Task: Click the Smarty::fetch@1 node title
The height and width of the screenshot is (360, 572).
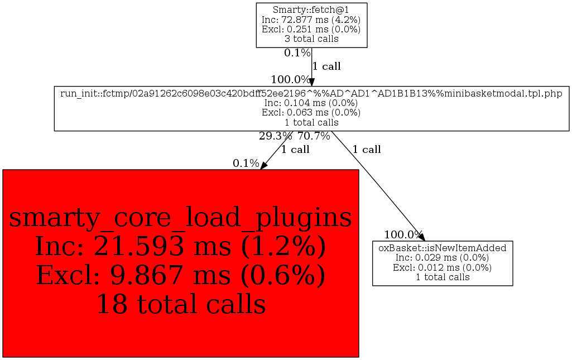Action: pyautogui.click(x=311, y=9)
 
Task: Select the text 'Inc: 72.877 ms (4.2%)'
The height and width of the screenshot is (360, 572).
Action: pyautogui.click(x=311, y=20)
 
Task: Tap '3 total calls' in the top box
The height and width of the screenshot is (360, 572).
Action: pyautogui.click(x=311, y=39)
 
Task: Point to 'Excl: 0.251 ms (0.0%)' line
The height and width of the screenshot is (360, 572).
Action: pyautogui.click(x=311, y=30)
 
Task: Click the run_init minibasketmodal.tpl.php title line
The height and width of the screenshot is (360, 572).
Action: pyautogui.click(x=311, y=93)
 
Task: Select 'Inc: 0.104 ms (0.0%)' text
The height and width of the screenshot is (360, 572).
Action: pyautogui.click(x=311, y=103)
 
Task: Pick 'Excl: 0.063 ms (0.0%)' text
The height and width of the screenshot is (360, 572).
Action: pyautogui.click(x=311, y=113)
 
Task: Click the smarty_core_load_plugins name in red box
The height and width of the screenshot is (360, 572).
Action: pyautogui.click(x=180, y=218)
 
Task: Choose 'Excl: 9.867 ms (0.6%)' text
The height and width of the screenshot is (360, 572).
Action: pyautogui.click(x=180, y=275)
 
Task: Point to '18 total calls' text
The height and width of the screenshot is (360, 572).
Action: pyautogui.click(x=180, y=304)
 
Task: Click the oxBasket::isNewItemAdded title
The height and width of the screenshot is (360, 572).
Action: pyautogui.click(x=443, y=248)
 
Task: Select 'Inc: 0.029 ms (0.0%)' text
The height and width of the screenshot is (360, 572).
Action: pyautogui.click(x=443, y=257)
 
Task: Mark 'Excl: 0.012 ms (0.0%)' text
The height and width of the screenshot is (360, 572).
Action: pyautogui.click(x=443, y=267)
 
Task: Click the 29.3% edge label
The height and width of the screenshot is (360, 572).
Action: pyautogui.click(x=276, y=136)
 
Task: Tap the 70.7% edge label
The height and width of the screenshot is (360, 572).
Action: pyautogui.click(x=314, y=136)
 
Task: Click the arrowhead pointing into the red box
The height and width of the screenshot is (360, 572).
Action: pyautogui.click(x=264, y=165)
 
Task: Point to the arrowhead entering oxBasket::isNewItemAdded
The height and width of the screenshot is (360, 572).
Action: pyautogui.click(x=421, y=237)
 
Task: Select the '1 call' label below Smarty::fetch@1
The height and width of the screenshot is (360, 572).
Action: pyautogui.click(x=326, y=66)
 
